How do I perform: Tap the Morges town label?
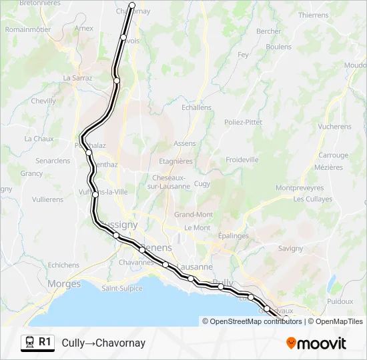[x=64, y=284]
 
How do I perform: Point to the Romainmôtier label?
[x=28, y=29]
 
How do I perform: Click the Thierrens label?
[x=313, y=15]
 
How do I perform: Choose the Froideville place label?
[x=242, y=160]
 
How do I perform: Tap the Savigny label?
[x=290, y=248]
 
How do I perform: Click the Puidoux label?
[x=340, y=301]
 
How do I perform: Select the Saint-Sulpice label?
[x=122, y=289]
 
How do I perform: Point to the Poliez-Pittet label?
[x=243, y=122]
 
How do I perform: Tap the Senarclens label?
[x=53, y=161]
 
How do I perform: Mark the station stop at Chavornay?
[x=131, y=5]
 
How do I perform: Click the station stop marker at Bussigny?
[x=116, y=235]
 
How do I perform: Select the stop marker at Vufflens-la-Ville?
[x=95, y=194]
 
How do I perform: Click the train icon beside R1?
[x=30, y=343]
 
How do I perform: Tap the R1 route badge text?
[x=45, y=343]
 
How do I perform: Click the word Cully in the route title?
[x=72, y=343]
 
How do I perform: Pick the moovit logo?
[x=316, y=343]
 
